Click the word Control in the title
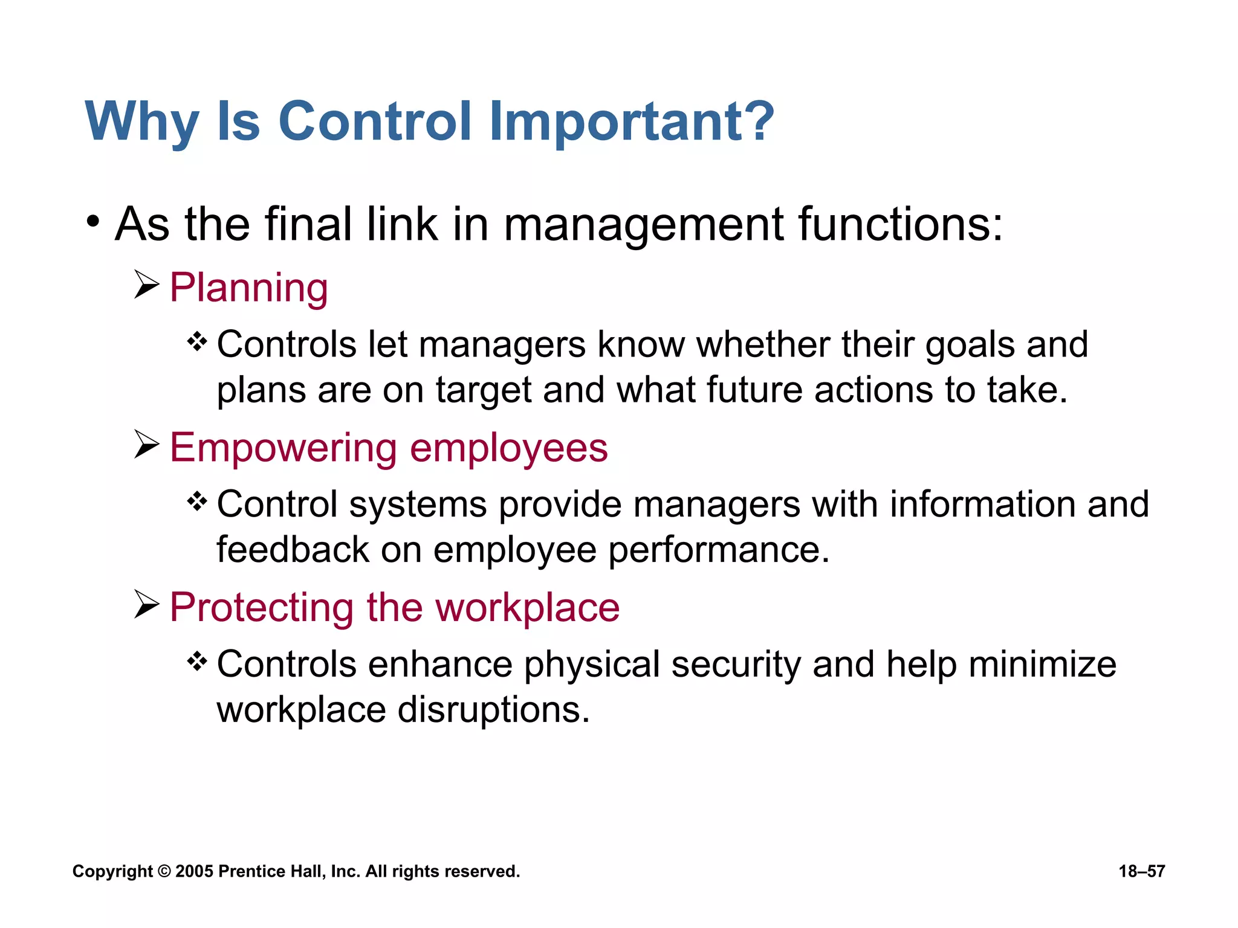(x=375, y=121)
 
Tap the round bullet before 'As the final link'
(x=92, y=222)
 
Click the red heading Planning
(x=248, y=288)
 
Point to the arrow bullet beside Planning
(x=146, y=285)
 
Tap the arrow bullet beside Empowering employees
(x=146, y=445)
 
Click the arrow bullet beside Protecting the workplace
(x=146, y=604)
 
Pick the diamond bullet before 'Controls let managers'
(x=197, y=343)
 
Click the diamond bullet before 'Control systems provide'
(x=197, y=501)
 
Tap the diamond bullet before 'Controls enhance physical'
(x=197, y=662)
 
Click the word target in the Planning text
(x=483, y=390)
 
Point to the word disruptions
(x=493, y=710)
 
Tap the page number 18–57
(x=1141, y=871)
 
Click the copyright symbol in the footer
(x=164, y=871)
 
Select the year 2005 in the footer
(x=194, y=871)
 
